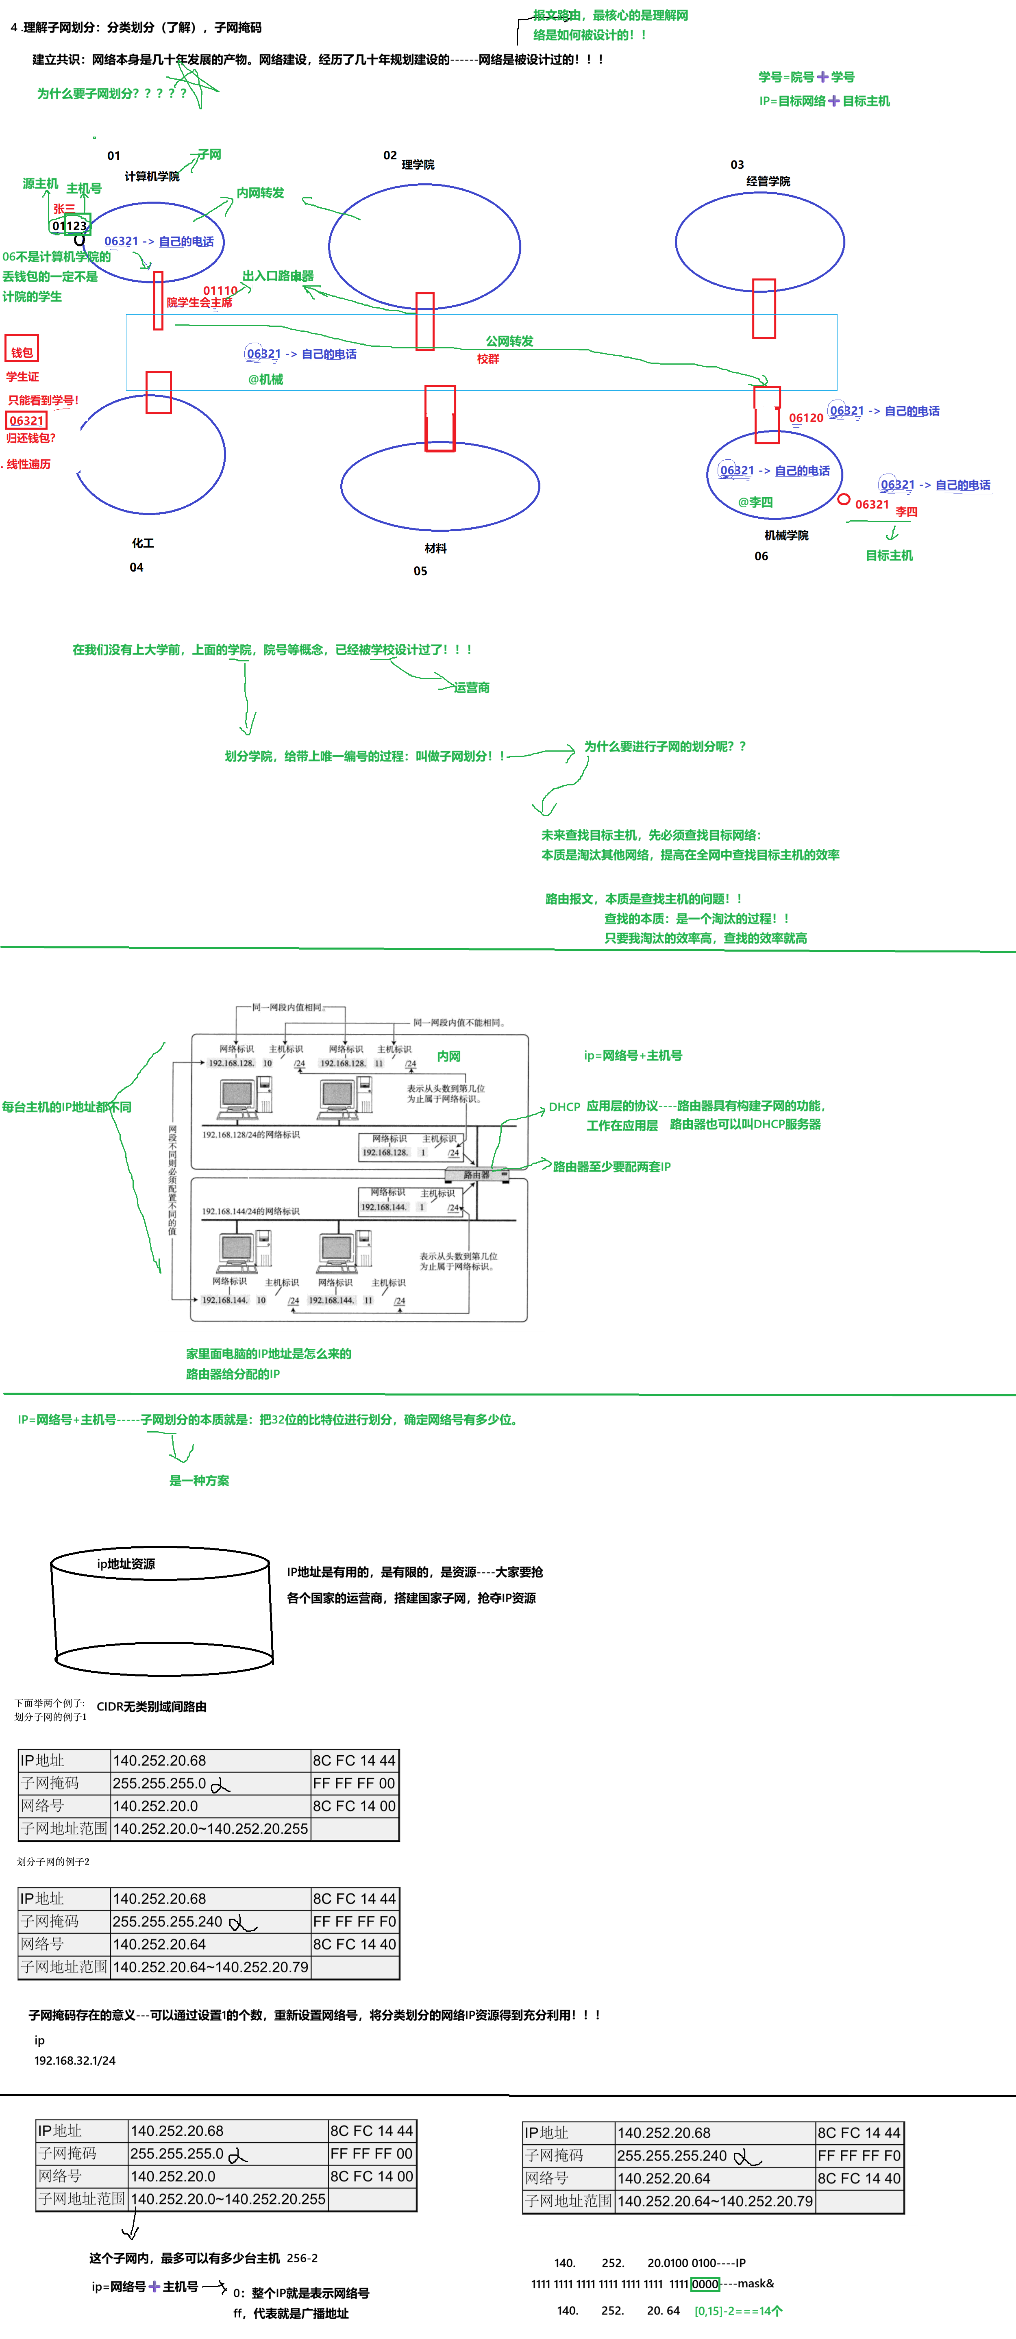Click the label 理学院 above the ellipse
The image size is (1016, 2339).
click(x=418, y=164)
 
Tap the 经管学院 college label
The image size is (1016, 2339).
click(x=768, y=182)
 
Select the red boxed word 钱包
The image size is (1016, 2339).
click(x=22, y=352)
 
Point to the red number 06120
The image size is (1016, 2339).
click(x=805, y=418)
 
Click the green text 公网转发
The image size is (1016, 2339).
click(x=509, y=341)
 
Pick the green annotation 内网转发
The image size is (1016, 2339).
click(x=261, y=193)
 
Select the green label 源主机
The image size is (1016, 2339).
click(x=40, y=183)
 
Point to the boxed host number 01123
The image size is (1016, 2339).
click(x=70, y=225)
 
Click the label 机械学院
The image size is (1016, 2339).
click(x=786, y=536)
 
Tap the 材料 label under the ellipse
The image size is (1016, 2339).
click(x=436, y=548)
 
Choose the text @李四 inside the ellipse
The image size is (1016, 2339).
click(x=755, y=502)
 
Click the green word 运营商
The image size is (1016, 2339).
click(x=472, y=687)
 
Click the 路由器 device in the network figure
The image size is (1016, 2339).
click(x=476, y=1175)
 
